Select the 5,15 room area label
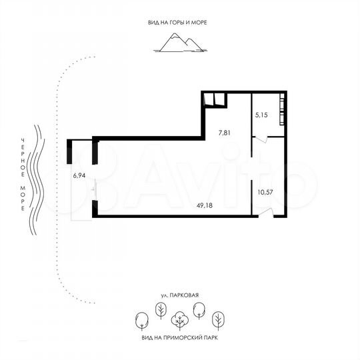(261, 115)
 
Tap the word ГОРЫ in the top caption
(177, 22)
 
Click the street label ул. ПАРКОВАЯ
(180, 294)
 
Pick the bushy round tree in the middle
(179, 321)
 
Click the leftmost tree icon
(141, 321)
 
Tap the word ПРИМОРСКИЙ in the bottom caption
(183, 338)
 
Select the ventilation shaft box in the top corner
(213, 100)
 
